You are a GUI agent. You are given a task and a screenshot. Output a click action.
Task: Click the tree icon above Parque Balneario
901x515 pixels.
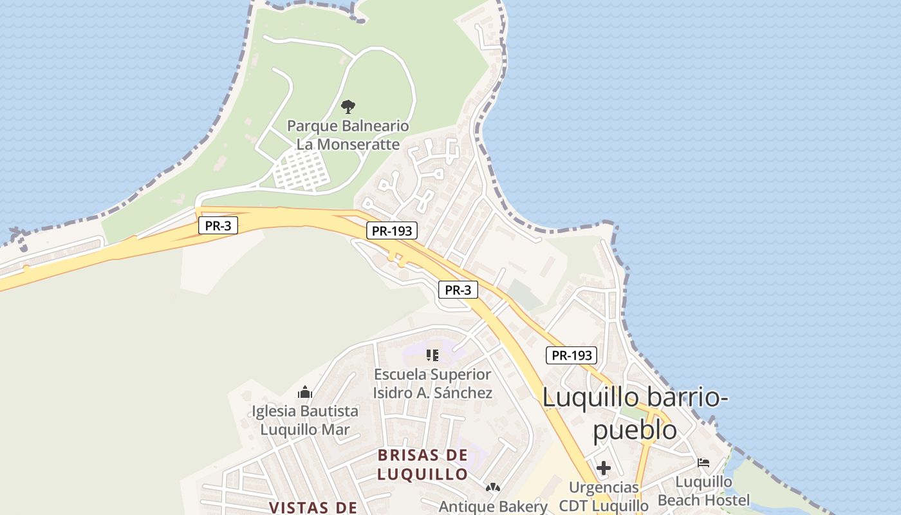tap(348, 106)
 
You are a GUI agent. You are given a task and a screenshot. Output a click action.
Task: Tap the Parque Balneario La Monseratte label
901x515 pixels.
tap(348, 135)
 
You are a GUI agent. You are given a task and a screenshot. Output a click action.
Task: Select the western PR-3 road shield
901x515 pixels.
tap(218, 226)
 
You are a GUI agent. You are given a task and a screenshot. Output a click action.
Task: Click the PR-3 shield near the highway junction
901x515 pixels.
tap(458, 290)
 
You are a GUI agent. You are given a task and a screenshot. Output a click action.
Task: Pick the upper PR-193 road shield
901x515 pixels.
tap(392, 231)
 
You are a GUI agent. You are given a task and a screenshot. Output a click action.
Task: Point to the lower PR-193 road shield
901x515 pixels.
tap(571, 355)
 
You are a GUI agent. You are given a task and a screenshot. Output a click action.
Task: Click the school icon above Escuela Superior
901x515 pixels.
tap(432, 355)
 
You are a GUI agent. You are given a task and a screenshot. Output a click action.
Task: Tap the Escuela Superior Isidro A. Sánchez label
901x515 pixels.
tap(432, 383)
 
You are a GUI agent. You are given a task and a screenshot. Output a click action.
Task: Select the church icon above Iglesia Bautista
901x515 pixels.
tap(305, 391)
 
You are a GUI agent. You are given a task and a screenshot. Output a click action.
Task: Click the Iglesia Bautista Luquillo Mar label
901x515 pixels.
tap(305, 420)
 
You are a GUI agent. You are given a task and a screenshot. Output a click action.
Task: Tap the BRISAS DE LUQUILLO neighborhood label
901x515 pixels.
tap(422, 465)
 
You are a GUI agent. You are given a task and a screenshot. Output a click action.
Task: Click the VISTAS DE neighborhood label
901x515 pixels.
tap(313, 507)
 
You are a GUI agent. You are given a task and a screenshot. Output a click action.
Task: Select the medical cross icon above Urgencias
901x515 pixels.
tap(604, 468)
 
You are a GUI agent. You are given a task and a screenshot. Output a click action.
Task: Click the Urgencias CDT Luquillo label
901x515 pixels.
tap(604, 496)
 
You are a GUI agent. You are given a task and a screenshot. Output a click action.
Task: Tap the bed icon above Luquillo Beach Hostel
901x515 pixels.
tap(703, 462)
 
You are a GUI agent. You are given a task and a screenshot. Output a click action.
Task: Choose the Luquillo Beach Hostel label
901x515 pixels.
tap(704, 491)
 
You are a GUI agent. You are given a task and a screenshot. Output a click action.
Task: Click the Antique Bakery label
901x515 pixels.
tap(493, 507)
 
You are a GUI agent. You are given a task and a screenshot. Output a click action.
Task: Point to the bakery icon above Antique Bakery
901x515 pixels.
tap(493, 488)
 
